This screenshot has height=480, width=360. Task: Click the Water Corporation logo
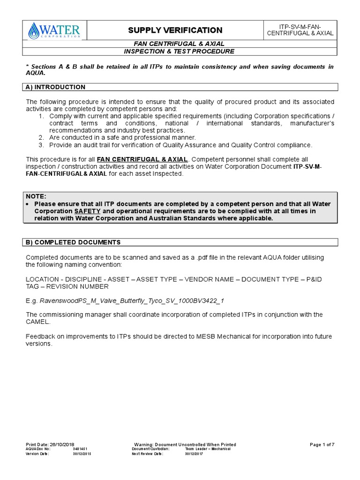pos(54,31)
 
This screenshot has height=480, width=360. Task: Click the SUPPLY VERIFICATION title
pos(175,30)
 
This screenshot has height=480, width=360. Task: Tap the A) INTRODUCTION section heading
pos(55,87)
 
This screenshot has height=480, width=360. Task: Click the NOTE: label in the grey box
pos(36,196)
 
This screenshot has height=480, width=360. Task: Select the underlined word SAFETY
pos(87,211)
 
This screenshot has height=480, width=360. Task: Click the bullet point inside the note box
pos(29,204)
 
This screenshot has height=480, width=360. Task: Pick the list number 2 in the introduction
pos(41,137)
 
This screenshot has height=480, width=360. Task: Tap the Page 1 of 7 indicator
pos(322,444)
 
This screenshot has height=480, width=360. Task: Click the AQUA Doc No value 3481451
pos(80,449)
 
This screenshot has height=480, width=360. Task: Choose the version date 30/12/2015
pos(82,454)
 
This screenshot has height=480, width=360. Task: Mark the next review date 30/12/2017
pos(194,454)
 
